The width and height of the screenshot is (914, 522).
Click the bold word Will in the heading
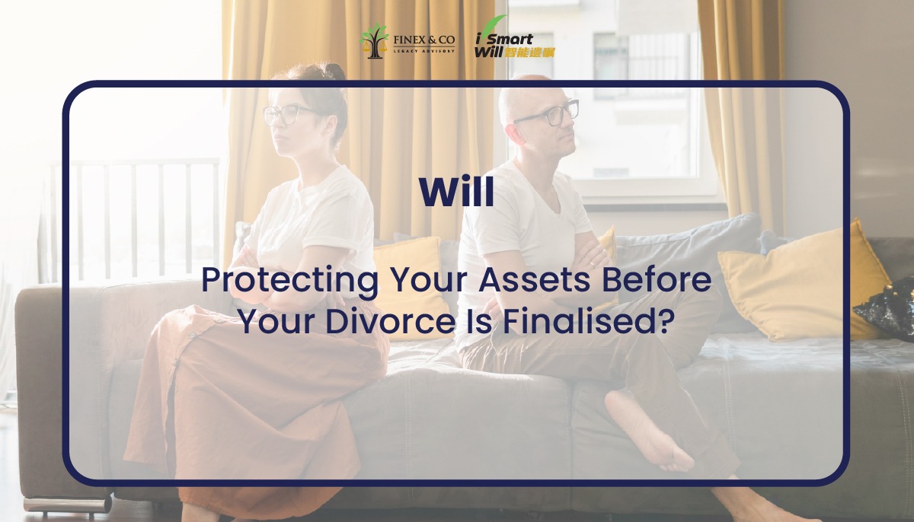pos(456,192)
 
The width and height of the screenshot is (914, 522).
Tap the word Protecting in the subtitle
pos(290,282)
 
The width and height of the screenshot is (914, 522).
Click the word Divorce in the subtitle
pos(390,322)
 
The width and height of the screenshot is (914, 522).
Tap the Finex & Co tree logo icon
pos(374,41)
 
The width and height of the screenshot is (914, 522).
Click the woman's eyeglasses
pos(289,115)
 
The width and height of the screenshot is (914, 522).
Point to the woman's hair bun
pos(334,71)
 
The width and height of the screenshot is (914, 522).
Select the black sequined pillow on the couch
pos(887,308)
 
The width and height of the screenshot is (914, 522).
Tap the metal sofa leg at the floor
pos(67,504)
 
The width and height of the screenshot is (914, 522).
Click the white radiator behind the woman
pos(135,220)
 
